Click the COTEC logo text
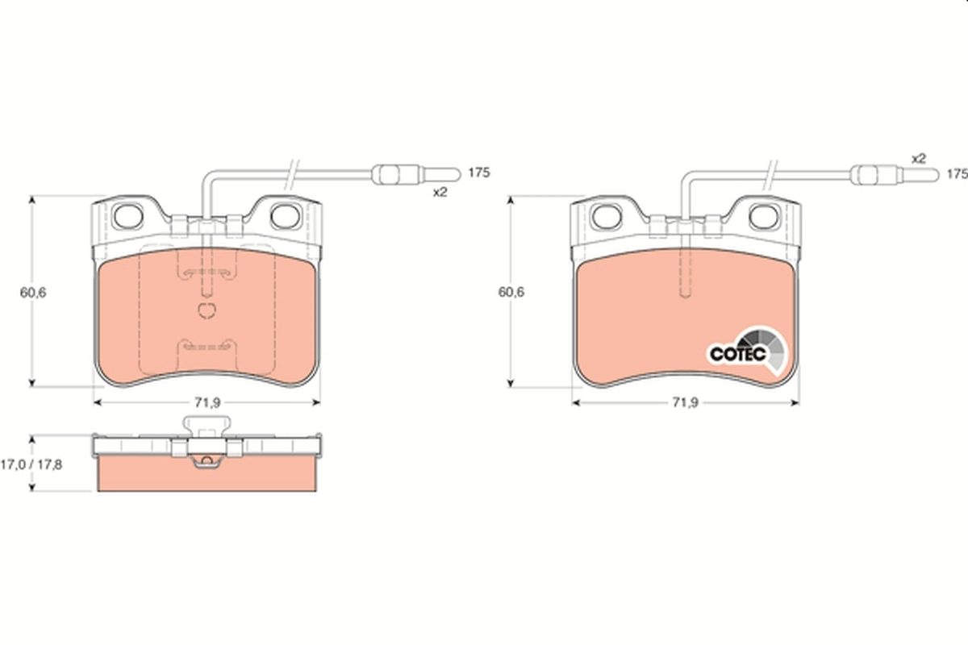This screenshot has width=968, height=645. click(732, 353)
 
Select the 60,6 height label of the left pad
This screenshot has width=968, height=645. click(33, 293)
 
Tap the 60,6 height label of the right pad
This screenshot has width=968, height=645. click(511, 293)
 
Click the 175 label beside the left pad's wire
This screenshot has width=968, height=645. click(479, 173)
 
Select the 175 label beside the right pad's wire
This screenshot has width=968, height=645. click(957, 173)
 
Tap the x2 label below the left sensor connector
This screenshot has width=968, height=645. click(440, 192)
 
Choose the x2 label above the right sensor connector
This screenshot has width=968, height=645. click(918, 159)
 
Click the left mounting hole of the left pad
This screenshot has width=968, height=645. click(128, 215)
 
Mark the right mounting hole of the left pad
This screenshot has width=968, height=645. click(284, 215)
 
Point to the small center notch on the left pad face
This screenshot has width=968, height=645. click(207, 310)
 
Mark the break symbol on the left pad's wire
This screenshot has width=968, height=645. click(293, 171)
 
